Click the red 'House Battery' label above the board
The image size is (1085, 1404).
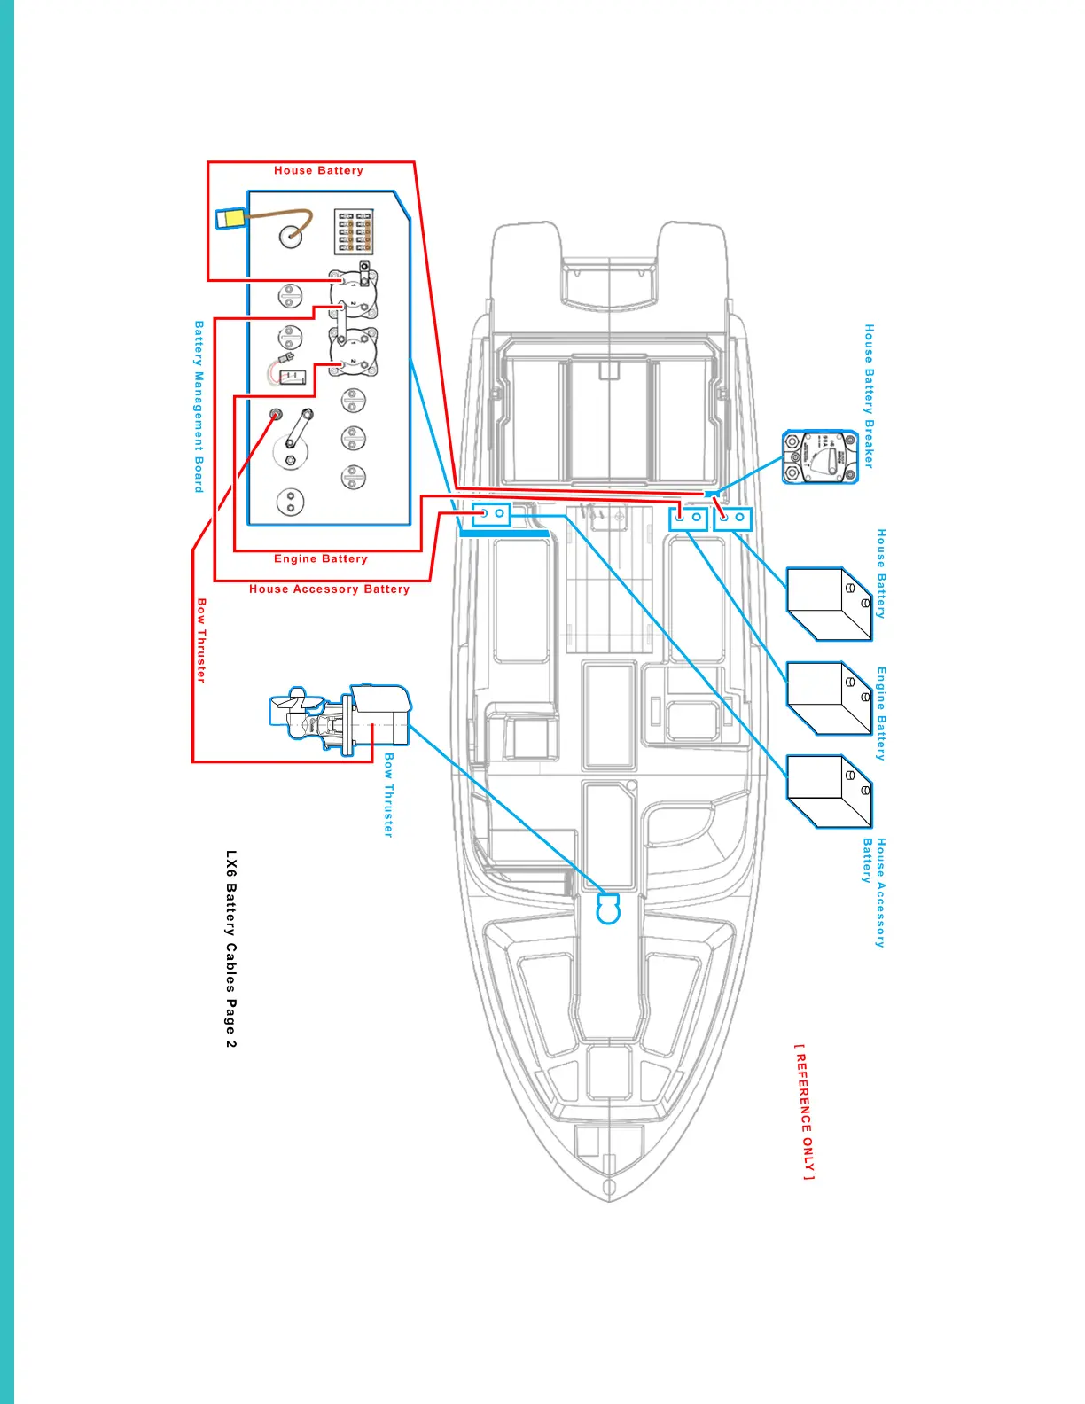tap(318, 170)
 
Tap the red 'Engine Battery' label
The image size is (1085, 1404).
tap(320, 558)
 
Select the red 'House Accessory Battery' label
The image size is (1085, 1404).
tap(329, 589)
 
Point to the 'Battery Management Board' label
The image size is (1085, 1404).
tap(199, 407)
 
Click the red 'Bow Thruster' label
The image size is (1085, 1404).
tap(201, 640)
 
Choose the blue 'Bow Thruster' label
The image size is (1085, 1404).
tap(388, 795)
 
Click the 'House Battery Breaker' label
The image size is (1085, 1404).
tap(870, 395)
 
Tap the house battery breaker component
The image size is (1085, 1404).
tap(820, 457)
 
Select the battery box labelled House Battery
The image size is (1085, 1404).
tap(829, 604)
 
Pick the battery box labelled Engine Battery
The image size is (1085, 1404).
tap(829, 698)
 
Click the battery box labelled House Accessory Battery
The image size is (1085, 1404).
tap(829, 792)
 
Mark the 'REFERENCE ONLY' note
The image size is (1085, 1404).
tap(803, 1111)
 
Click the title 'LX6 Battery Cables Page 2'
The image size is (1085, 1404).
tap(230, 949)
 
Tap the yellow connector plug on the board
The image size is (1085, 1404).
tap(231, 218)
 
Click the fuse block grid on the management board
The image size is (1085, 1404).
tap(354, 231)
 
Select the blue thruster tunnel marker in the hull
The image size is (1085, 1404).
tap(608, 909)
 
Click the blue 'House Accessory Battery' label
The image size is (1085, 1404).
tap(874, 893)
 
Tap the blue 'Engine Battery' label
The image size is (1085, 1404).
tap(881, 714)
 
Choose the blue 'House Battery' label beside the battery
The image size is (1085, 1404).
tap(881, 573)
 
